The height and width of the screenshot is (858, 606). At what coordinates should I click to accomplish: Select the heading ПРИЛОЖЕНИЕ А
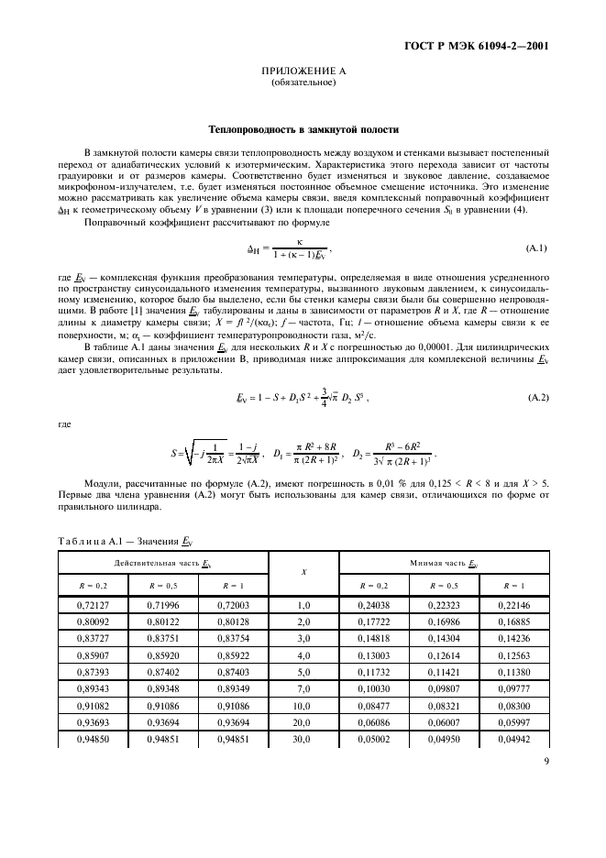(x=303, y=73)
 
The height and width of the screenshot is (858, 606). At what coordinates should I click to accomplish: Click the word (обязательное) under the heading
(x=303, y=83)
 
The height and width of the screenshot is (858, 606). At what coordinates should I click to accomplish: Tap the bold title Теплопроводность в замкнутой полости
(x=303, y=129)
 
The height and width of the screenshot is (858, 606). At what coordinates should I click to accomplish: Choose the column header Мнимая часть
(x=444, y=561)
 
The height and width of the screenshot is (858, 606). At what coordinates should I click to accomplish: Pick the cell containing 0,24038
(x=379, y=606)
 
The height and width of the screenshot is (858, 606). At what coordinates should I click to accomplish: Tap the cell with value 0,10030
(x=379, y=690)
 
